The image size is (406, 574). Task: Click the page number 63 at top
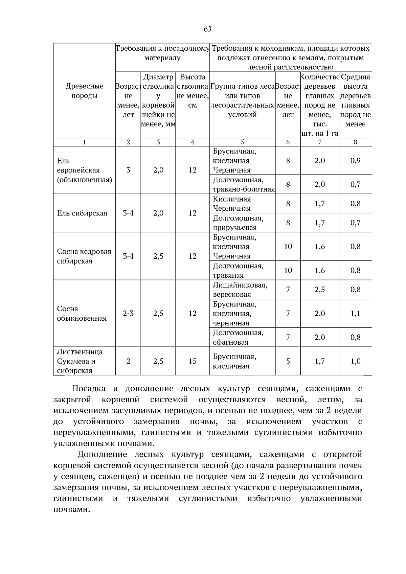(207, 29)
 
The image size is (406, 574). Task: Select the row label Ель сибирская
(82, 213)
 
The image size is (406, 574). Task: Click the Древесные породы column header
(84, 91)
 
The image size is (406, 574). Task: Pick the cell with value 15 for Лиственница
(192, 361)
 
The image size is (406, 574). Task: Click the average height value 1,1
(355, 314)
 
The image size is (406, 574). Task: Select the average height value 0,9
(355, 160)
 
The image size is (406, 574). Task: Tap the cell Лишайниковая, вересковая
(240, 290)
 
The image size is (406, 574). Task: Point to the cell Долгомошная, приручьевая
(238, 223)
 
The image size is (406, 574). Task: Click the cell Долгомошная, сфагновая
(238, 337)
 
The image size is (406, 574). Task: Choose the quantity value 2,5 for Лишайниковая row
(319, 290)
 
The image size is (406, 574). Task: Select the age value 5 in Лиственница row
(288, 361)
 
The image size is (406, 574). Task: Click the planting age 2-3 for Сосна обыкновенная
(128, 314)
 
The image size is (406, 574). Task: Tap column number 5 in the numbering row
(242, 142)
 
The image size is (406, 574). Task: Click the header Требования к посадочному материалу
(162, 53)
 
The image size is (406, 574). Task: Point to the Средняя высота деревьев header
(355, 100)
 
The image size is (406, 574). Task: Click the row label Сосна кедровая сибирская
(84, 256)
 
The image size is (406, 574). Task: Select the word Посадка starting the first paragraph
(88, 389)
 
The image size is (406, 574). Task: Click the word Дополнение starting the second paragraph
(102, 454)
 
